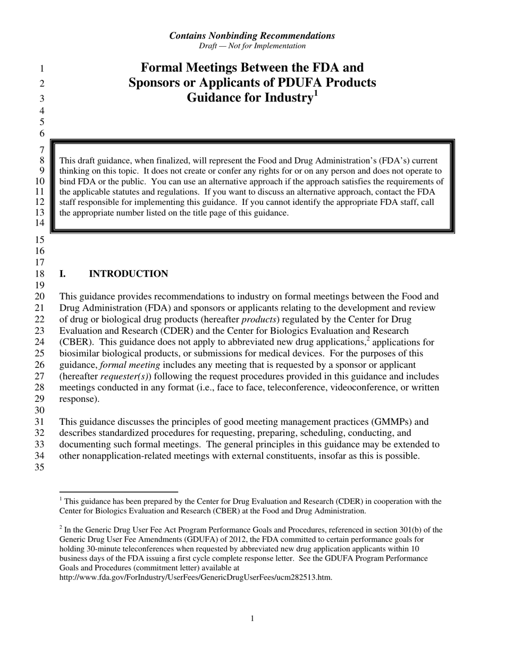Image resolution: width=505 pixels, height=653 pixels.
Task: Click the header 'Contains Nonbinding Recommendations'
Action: pos(252,36)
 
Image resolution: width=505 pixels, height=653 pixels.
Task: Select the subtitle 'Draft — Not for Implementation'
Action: pos(252,46)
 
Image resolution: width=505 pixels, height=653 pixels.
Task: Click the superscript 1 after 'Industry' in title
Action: pos(315,94)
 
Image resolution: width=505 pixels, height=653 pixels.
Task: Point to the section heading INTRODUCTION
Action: pos(128,274)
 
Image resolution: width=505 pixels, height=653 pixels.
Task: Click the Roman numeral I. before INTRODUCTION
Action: pos(63,274)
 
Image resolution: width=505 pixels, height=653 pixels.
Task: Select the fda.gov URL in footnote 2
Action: pos(196,578)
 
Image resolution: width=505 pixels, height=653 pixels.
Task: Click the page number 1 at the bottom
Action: pos(252,618)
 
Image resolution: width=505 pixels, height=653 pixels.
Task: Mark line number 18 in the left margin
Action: pos(40,274)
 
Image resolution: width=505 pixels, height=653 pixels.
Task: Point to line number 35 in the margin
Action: pos(40,468)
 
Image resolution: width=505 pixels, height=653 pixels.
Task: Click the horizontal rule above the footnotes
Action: pos(118,492)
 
